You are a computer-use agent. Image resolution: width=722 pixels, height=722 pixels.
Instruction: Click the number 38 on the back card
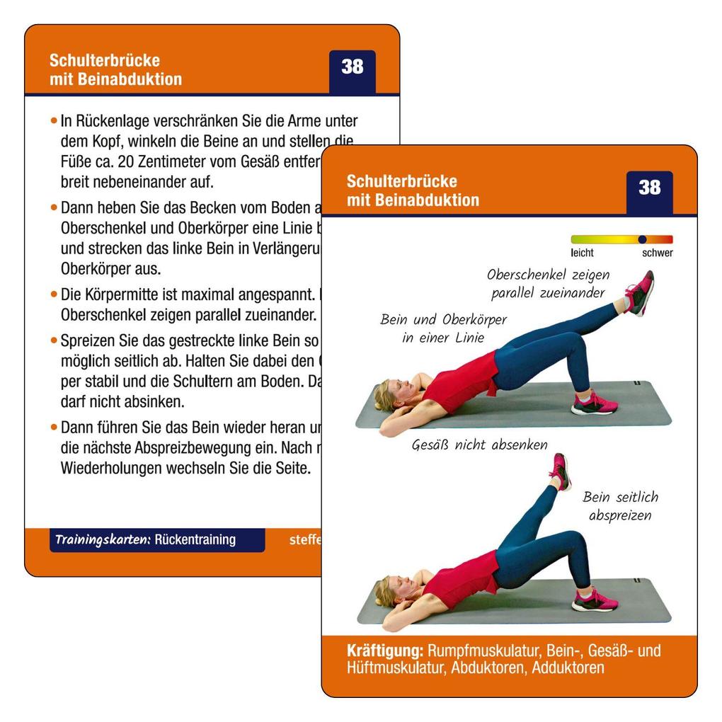pyautogui.click(x=352, y=67)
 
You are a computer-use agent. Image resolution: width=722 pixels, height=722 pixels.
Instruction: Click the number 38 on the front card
pyautogui.click(x=649, y=188)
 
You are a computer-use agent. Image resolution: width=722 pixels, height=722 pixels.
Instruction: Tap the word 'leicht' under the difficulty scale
pyautogui.click(x=582, y=253)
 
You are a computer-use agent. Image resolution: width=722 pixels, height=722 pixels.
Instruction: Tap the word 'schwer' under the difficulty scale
pyautogui.click(x=657, y=253)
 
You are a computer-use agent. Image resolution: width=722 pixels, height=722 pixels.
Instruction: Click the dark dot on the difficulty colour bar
pyautogui.click(x=642, y=239)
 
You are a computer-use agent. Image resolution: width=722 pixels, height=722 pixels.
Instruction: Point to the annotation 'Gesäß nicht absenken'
pyautogui.click(x=479, y=445)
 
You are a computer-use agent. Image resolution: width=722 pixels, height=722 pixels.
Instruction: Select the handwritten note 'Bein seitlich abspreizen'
pyautogui.click(x=620, y=505)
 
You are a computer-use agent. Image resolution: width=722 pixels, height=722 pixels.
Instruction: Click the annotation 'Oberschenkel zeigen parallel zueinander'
pyautogui.click(x=548, y=283)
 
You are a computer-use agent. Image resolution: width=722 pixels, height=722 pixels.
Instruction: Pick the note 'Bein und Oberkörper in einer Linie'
pyautogui.click(x=443, y=328)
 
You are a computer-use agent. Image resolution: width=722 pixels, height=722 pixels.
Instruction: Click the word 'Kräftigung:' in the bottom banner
pyautogui.click(x=385, y=651)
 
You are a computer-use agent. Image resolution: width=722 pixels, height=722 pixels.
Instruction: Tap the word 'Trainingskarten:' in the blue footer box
pyautogui.click(x=103, y=539)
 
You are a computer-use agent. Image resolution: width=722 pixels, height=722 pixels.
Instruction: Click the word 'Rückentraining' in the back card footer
pyautogui.click(x=195, y=539)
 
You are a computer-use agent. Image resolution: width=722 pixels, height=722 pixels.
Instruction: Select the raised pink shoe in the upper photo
pyautogui.click(x=639, y=292)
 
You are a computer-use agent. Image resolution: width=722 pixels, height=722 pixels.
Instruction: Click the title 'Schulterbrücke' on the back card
pyautogui.click(x=104, y=60)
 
